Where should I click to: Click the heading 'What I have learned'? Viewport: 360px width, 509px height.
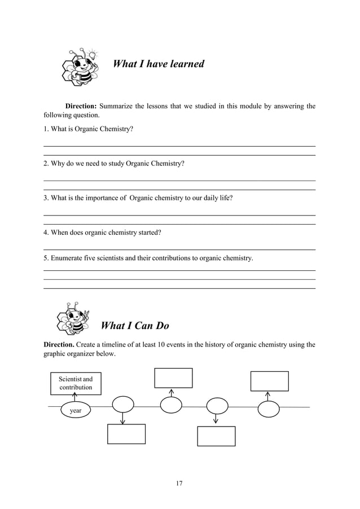pyautogui.click(x=159, y=64)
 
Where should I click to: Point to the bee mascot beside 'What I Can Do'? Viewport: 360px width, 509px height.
pyautogui.click(x=72, y=318)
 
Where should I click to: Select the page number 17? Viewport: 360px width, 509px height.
pyautogui.click(x=179, y=483)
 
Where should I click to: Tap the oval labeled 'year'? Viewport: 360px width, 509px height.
pyautogui.click(x=75, y=411)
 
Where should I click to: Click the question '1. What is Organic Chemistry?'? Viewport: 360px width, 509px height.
pyautogui.click(x=89, y=129)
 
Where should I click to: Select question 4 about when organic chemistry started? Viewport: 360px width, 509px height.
pyautogui.click(x=102, y=232)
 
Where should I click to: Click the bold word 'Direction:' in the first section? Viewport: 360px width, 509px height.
pyautogui.click(x=82, y=106)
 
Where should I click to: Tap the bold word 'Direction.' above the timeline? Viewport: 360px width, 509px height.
pyautogui.click(x=59, y=344)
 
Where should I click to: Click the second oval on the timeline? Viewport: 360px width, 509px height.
pyautogui.click(x=124, y=405)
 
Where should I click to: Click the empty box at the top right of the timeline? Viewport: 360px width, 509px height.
pyautogui.click(x=270, y=381)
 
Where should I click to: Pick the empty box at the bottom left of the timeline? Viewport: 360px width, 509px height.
pyautogui.click(x=126, y=434)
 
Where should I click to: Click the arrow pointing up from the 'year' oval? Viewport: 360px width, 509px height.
pyautogui.click(x=75, y=397)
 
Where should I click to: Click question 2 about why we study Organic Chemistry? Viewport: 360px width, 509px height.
pyautogui.click(x=113, y=164)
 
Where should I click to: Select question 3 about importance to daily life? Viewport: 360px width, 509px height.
pyautogui.click(x=138, y=198)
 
